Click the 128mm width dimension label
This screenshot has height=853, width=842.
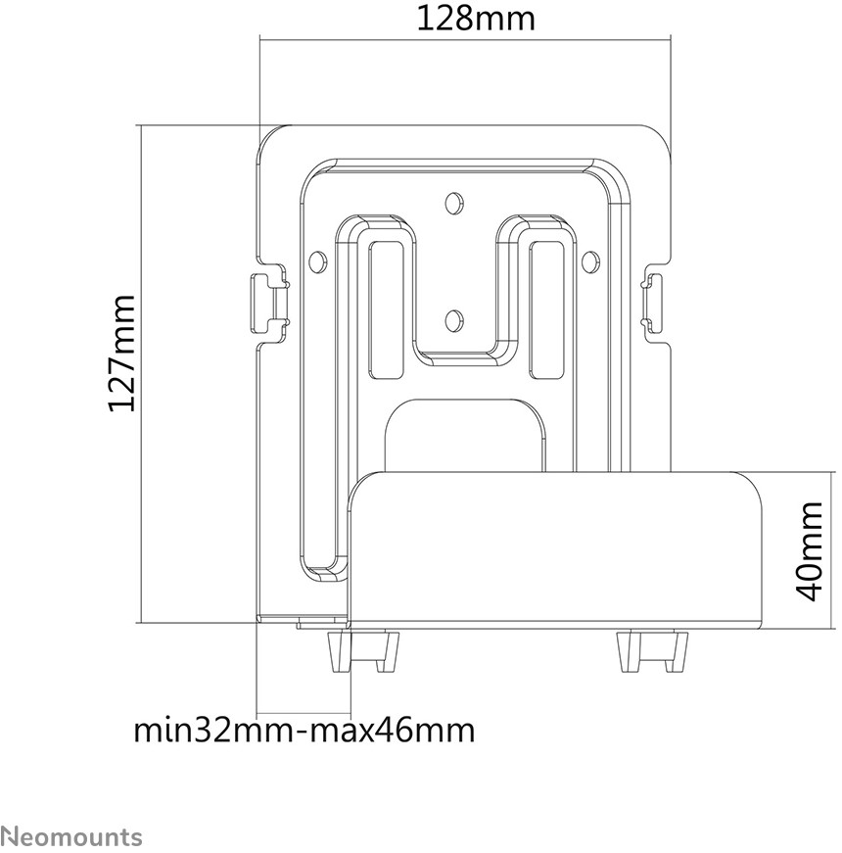[x=476, y=19]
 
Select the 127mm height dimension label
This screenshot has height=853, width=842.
[x=121, y=354]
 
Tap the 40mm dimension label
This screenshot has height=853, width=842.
[x=809, y=551]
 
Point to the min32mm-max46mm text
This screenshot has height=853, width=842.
[x=304, y=730]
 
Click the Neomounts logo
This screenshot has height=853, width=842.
[x=71, y=836]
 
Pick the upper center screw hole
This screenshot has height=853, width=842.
[x=452, y=203]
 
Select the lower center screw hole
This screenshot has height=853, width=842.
[x=452, y=320]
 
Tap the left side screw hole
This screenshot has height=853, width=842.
[x=315, y=261]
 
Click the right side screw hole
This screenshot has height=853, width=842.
[x=588, y=261]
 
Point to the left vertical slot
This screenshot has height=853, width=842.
[x=387, y=310]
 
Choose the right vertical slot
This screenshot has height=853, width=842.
[x=547, y=310]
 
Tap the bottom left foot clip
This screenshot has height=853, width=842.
[x=362, y=651]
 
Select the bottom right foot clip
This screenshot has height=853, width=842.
[x=652, y=651]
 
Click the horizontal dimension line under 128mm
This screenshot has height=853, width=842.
[x=465, y=39]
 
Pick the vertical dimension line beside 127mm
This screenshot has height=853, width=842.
[x=141, y=374]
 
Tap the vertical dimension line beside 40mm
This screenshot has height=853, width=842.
[x=832, y=550]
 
